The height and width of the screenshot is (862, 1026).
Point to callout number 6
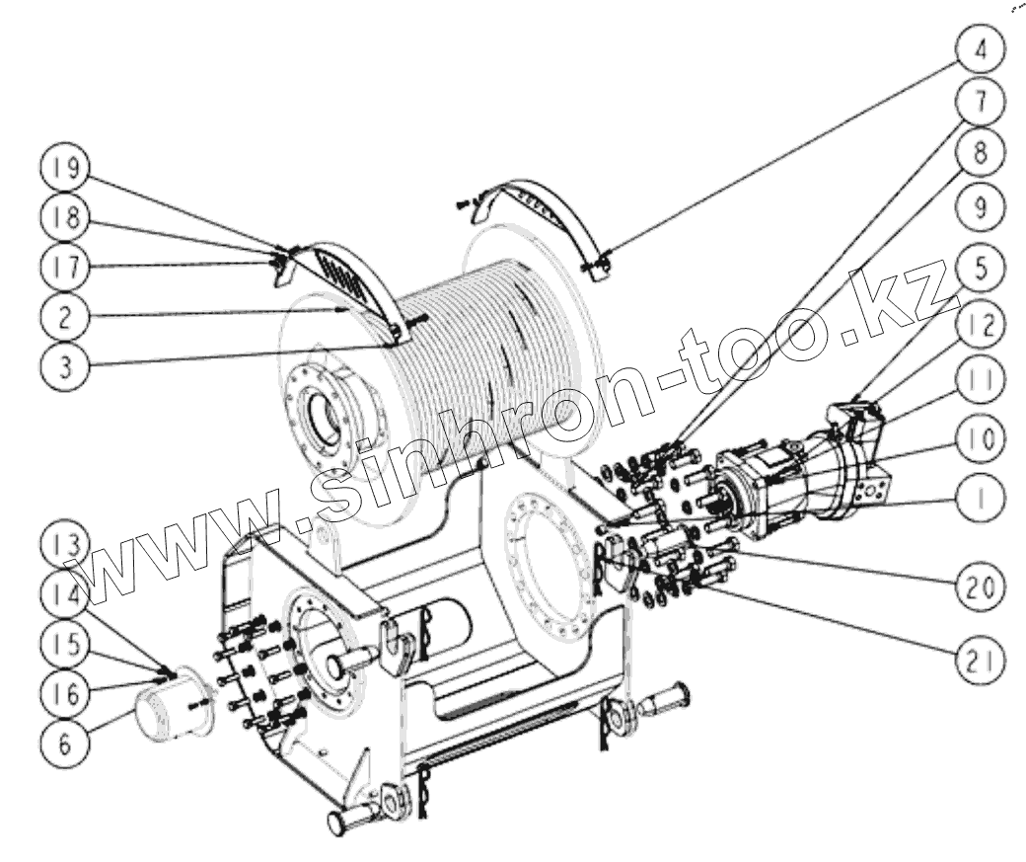point(61,742)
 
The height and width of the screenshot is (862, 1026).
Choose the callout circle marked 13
point(61,544)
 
